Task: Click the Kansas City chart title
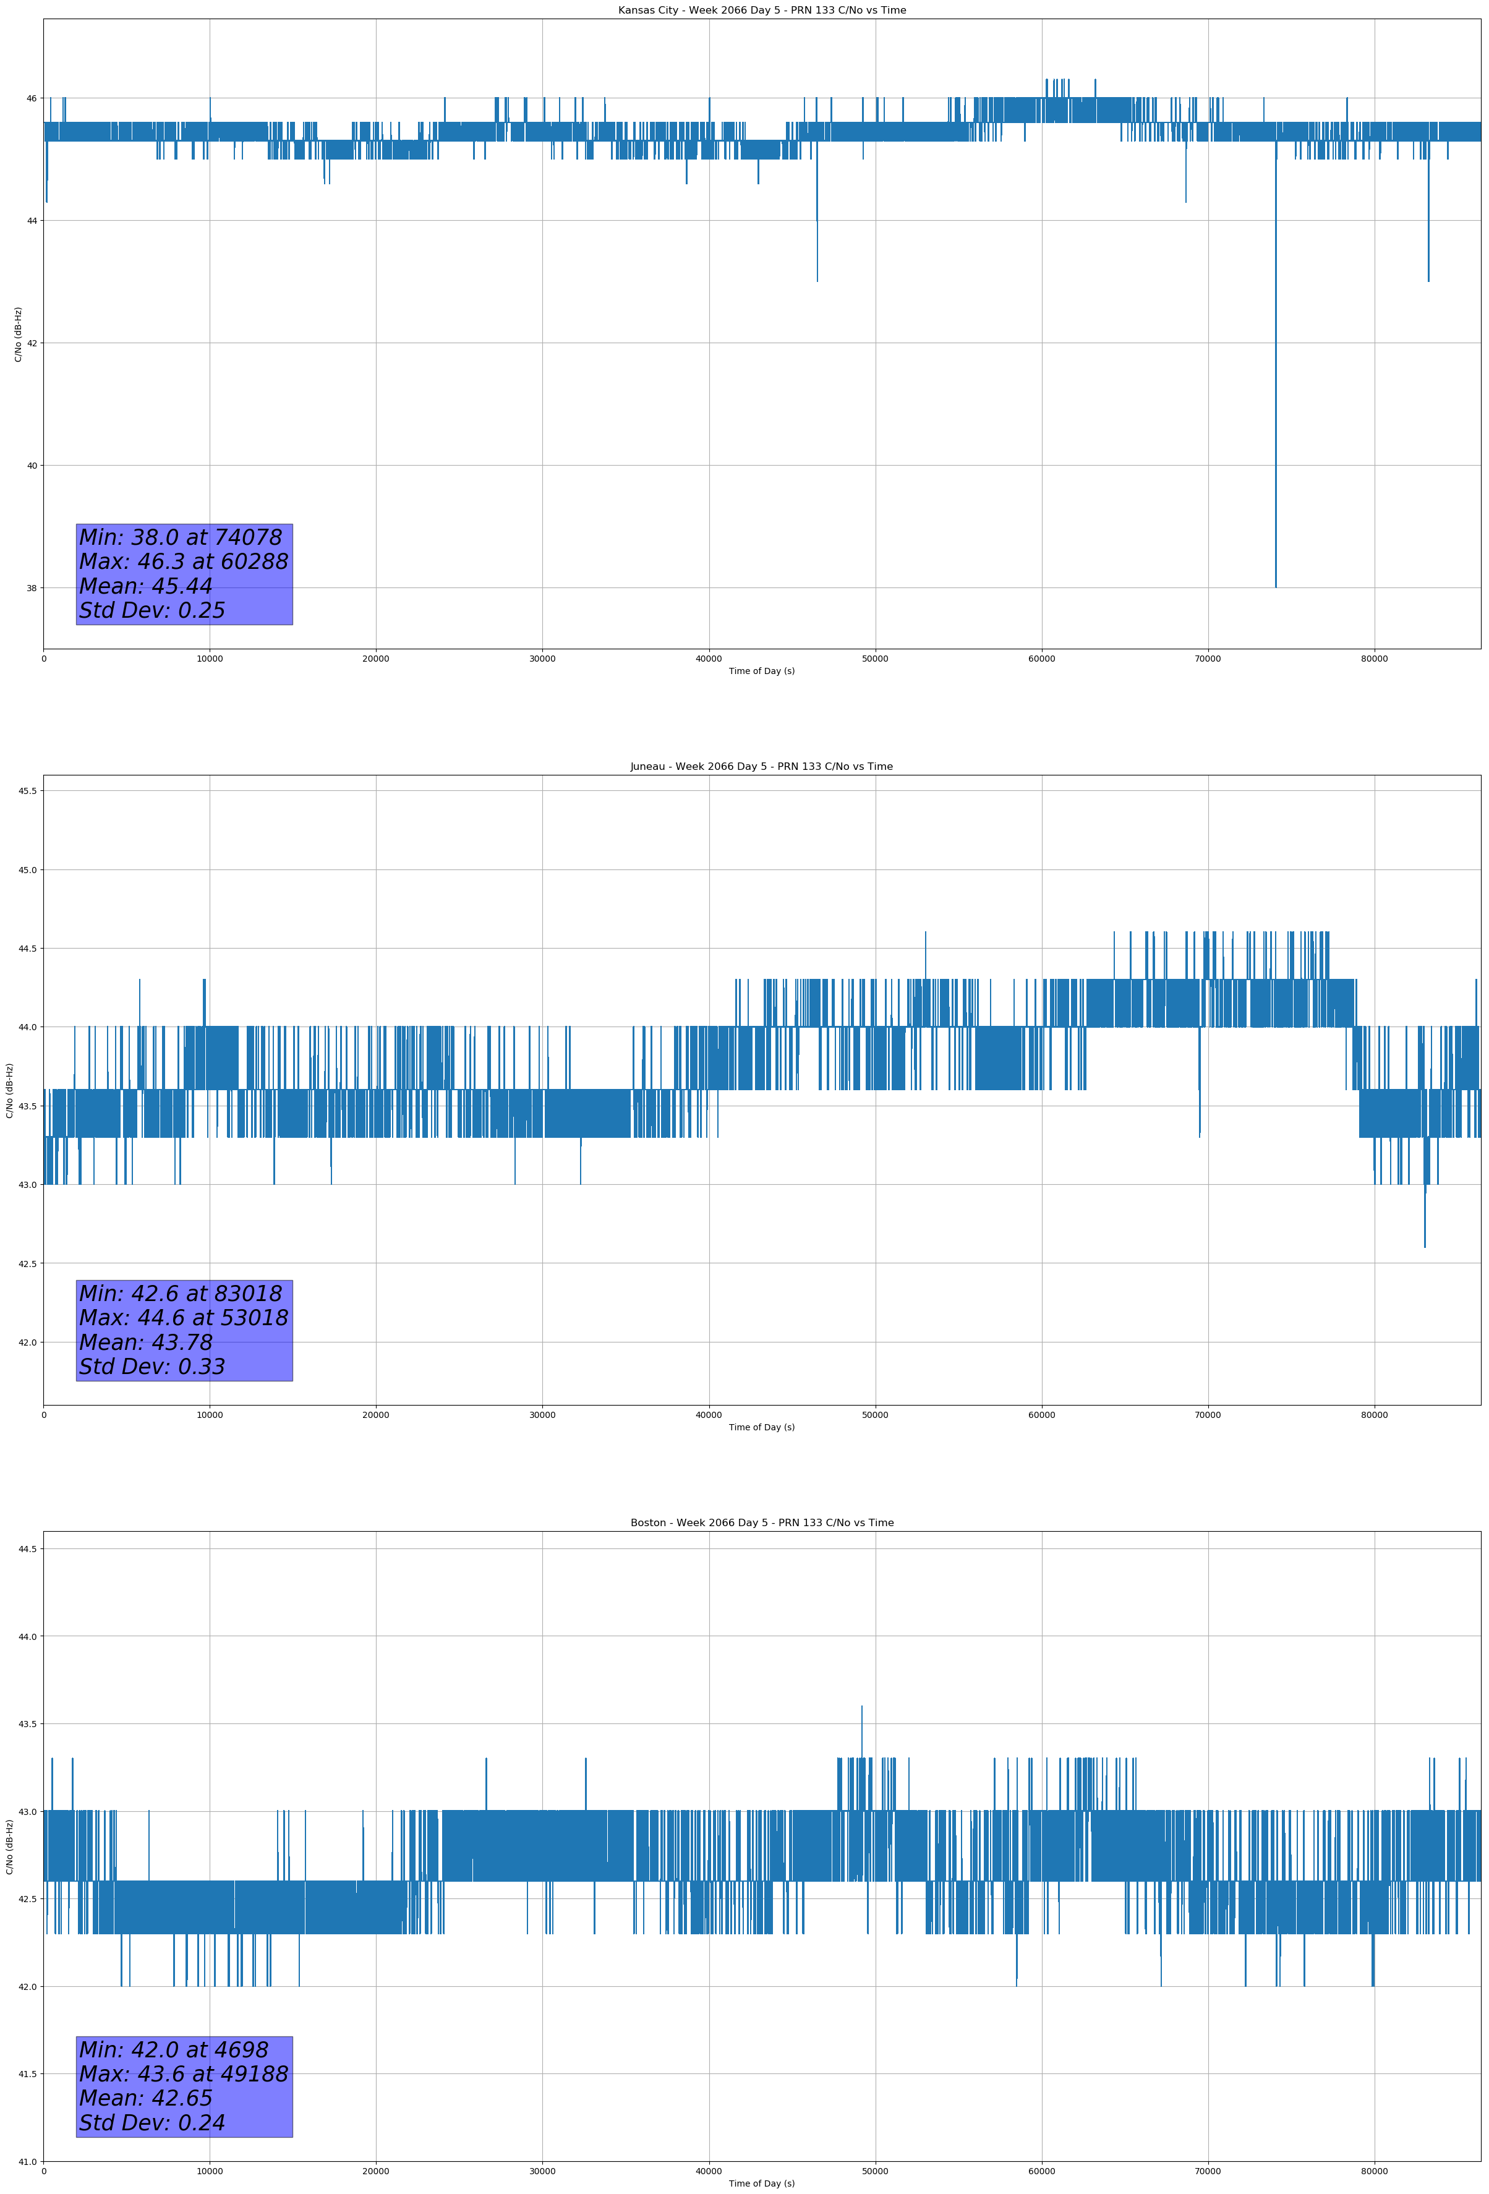click(762, 11)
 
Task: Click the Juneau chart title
click(762, 767)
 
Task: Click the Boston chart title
click(762, 1523)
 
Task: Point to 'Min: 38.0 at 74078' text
click(181, 537)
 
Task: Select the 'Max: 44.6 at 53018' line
click(183, 1318)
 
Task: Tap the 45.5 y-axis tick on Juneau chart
click(27, 791)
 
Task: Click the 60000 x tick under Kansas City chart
click(1041, 659)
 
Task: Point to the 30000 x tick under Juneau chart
click(542, 1415)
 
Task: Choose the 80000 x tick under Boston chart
click(1374, 2171)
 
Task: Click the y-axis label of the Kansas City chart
click(18, 334)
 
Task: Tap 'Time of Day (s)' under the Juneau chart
click(762, 1427)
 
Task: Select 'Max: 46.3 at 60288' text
click(183, 561)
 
